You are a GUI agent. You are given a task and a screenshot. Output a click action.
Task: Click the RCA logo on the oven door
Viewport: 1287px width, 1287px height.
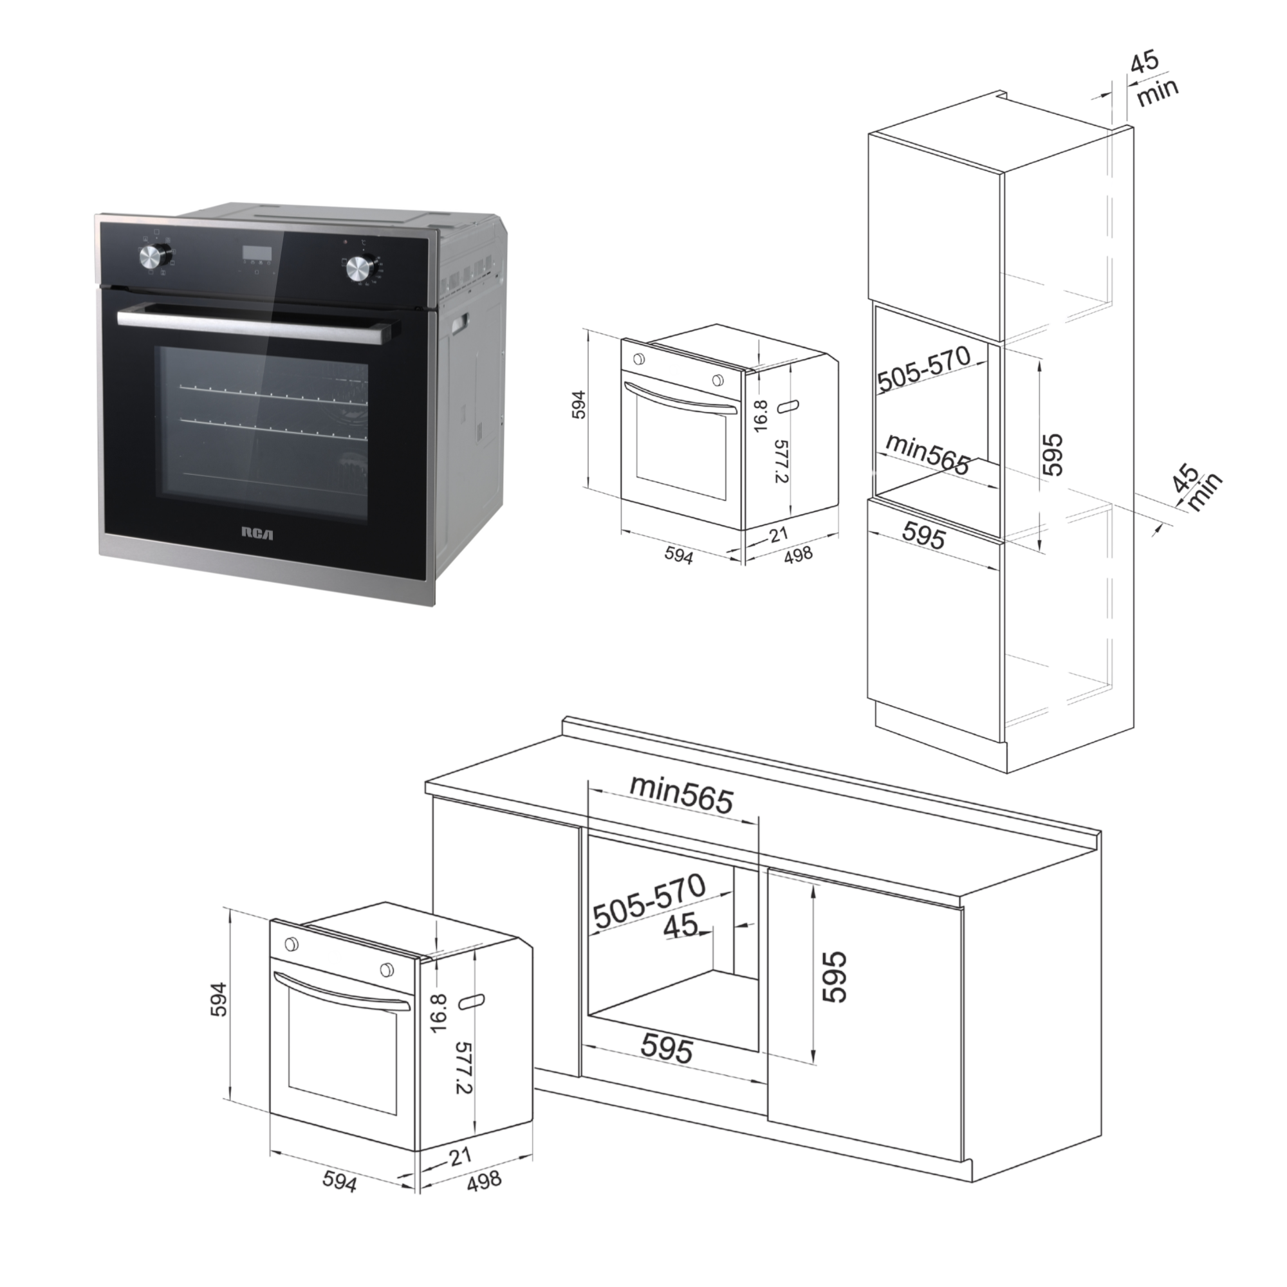click(x=257, y=533)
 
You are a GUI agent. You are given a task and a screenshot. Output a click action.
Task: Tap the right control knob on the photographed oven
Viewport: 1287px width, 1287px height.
click(x=360, y=269)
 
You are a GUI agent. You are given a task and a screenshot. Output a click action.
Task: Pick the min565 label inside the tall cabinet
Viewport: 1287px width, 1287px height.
click(x=927, y=456)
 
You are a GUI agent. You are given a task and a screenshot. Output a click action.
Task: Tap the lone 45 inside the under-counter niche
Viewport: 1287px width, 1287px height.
click(x=681, y=925)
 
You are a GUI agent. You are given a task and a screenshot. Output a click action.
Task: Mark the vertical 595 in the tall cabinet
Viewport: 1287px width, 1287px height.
click(x=1052, y=454)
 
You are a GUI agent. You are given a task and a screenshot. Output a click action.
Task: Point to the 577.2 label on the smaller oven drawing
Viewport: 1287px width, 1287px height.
click(x=781, y=461)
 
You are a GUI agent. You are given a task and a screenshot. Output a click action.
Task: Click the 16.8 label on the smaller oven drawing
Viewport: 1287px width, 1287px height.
click(x=761, y=416)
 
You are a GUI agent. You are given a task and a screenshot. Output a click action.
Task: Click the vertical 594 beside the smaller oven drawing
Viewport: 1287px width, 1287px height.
click(x=579, y=404)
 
